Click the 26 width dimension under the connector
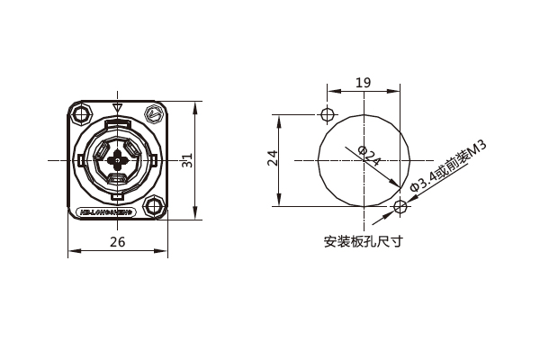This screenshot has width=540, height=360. click(117, 240)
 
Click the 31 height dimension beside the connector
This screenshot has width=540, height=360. click(186, 160)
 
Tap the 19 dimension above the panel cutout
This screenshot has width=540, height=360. click(363, 83)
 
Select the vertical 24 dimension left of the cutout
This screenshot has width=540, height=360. click(272, 159)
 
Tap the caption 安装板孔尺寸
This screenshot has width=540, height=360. click(363, 241)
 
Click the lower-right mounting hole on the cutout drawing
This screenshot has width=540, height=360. click(400, 207)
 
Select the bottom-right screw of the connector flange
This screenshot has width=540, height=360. click(155, 207)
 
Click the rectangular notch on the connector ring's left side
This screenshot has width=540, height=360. click(81, 161)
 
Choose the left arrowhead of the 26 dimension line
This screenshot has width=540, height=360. click(72, 252)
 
